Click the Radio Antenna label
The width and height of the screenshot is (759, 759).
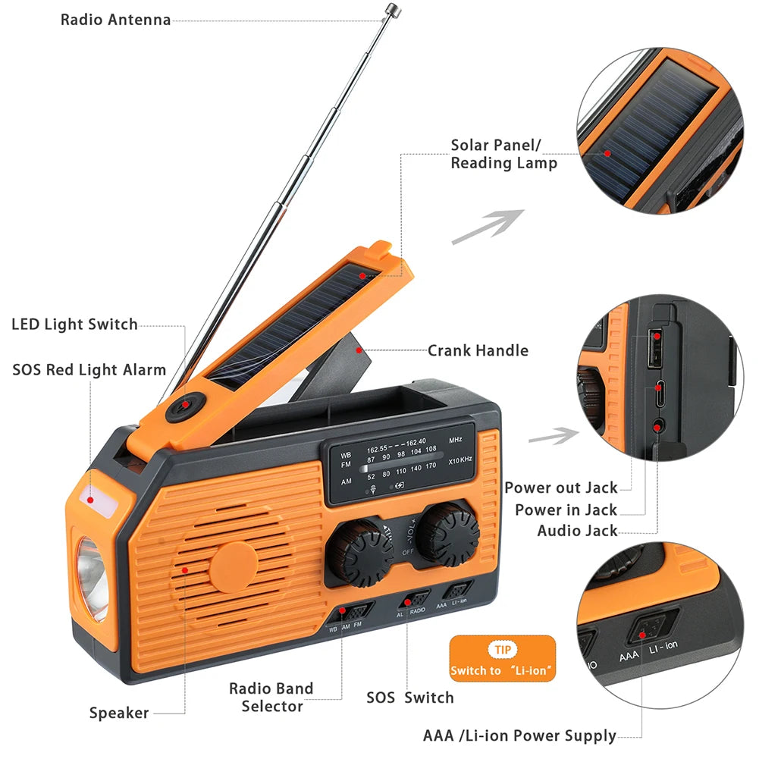115,20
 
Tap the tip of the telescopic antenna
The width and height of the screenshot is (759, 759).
392,9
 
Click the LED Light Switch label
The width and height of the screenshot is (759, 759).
74,325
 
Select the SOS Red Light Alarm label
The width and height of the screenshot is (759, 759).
89,370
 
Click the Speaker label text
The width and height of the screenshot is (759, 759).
119,713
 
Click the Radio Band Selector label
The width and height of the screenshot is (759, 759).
271,698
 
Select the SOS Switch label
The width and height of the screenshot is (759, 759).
410,698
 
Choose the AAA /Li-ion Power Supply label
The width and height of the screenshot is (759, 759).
519,735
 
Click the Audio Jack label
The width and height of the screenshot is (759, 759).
578,531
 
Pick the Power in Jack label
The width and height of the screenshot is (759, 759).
566,510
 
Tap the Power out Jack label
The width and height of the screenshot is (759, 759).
561,488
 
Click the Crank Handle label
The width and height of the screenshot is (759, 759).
478,350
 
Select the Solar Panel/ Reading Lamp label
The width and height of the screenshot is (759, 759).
504,154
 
